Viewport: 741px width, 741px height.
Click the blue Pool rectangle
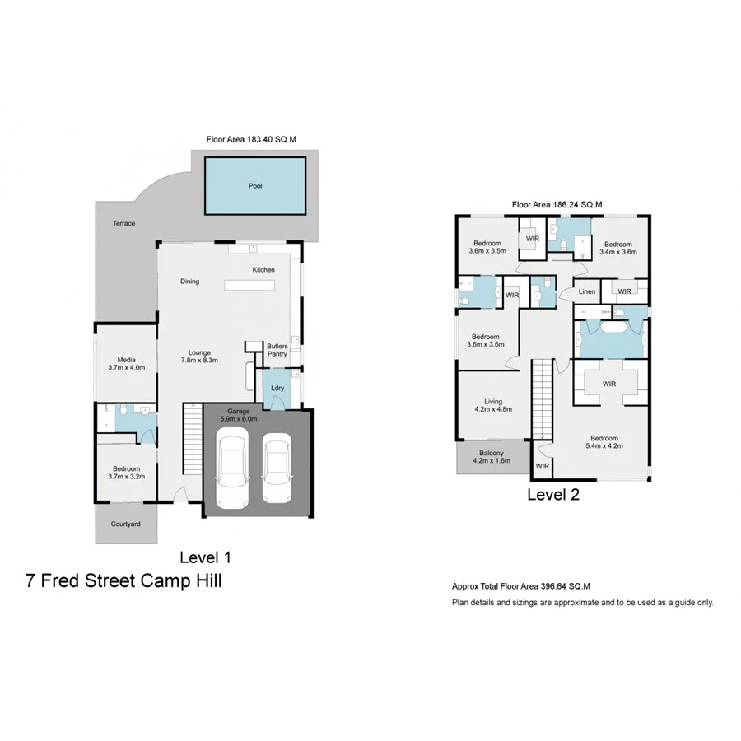tap(254, 186)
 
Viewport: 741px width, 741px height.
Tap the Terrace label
tap(125, 223)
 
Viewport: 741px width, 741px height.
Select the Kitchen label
tap(263, 269)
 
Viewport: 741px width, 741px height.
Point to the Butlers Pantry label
tap(277, 350)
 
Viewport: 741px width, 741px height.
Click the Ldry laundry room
tap(277, 388)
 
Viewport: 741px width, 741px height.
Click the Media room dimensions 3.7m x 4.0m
tap(126, 368)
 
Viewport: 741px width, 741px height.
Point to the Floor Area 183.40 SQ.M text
tap(251, 141)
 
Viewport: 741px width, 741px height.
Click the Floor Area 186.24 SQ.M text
tap(557, 204)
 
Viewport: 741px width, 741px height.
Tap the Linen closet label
tap(587, 291)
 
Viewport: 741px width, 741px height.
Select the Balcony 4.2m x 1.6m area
tap(492, 456)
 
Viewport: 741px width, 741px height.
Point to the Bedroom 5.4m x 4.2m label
tap(604, 442)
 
